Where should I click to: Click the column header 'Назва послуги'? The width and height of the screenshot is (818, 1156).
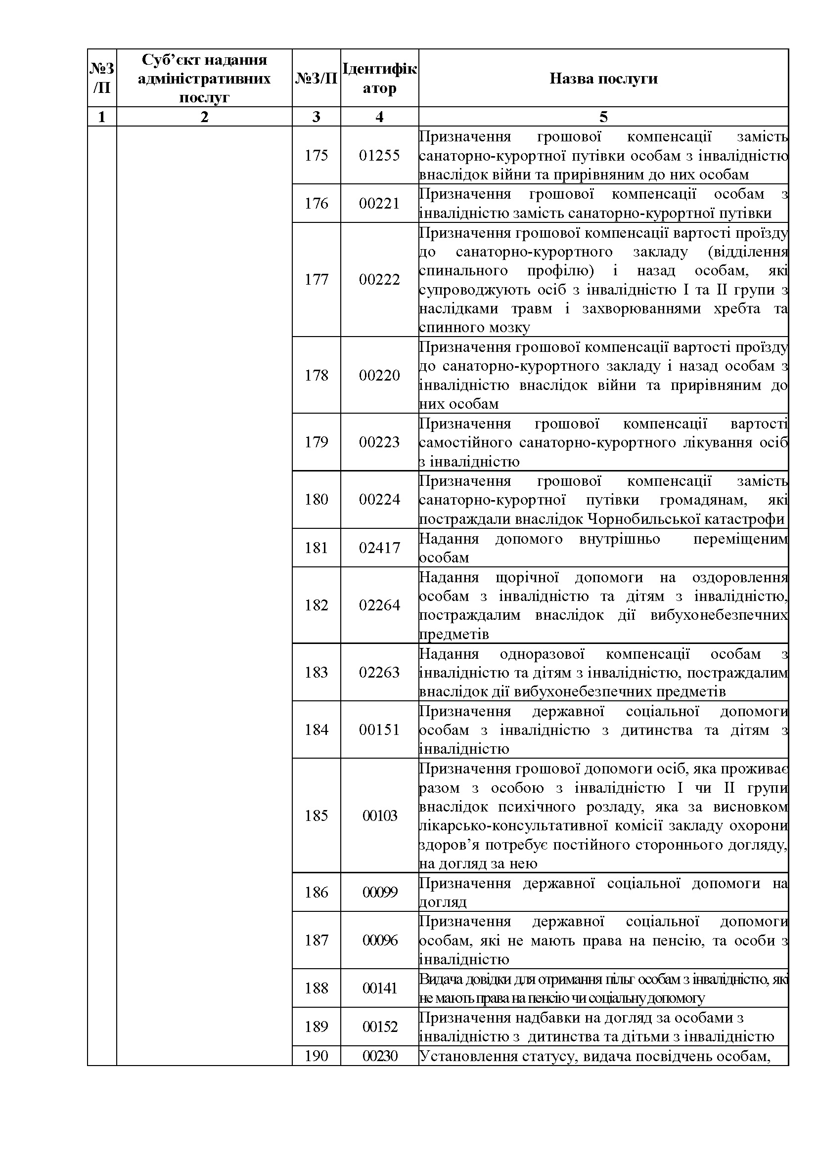[603, 79]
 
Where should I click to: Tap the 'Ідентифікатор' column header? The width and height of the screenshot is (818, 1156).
[379, 78]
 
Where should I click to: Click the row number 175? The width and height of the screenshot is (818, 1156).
[317, 155]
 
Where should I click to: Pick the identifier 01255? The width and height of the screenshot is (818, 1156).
[379, 155]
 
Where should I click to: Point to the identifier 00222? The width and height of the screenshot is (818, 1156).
[379, 279]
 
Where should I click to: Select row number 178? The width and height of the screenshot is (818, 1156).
[317, 375]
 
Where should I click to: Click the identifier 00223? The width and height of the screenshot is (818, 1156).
[379, 442]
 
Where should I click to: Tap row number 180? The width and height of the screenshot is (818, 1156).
[317, 500]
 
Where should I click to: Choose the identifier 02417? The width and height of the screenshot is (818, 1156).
[379, 548]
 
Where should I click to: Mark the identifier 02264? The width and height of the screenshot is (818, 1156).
[379, 605]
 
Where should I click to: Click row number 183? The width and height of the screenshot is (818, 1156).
[317, 672]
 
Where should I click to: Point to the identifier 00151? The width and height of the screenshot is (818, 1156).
[379, 729]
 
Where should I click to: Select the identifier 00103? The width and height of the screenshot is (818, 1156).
[380, 815]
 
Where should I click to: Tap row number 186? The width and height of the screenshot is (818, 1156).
[317, 892]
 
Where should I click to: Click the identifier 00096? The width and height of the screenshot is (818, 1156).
[380, 940]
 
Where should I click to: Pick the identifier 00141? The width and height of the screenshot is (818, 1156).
[380, 988]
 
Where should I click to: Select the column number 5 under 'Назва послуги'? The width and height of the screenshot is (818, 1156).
[603, 117]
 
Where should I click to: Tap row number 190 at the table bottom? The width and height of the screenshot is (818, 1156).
[317, 1056]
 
